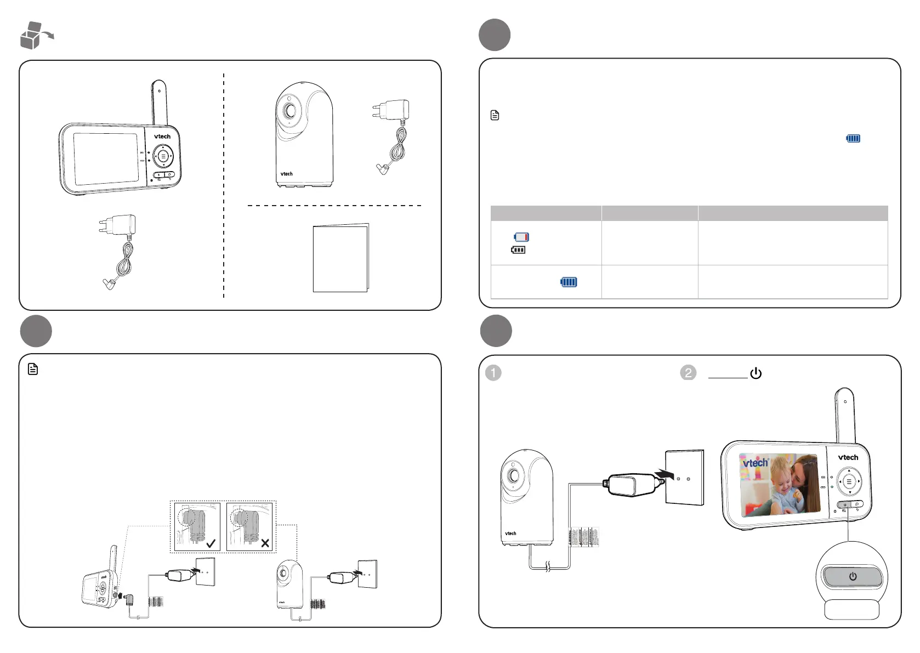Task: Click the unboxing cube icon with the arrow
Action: point(35,36)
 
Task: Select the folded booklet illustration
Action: point(340,258)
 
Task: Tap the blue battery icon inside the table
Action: point(569,282)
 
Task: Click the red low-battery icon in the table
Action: point(521,237)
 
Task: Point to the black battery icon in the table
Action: point(518,250)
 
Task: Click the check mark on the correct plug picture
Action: point(211,543)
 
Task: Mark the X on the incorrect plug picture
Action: point(265,543)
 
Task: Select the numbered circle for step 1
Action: point(493,373)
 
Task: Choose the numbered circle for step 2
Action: point(688,373)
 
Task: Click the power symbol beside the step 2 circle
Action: point(756,373)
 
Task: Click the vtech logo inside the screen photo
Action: point(756,463)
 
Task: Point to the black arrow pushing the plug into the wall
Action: point(665,472)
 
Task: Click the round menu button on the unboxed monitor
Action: point(163,156)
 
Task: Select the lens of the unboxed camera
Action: point(289,111)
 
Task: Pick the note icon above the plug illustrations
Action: point(33,370)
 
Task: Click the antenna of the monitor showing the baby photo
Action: point(844,414)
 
